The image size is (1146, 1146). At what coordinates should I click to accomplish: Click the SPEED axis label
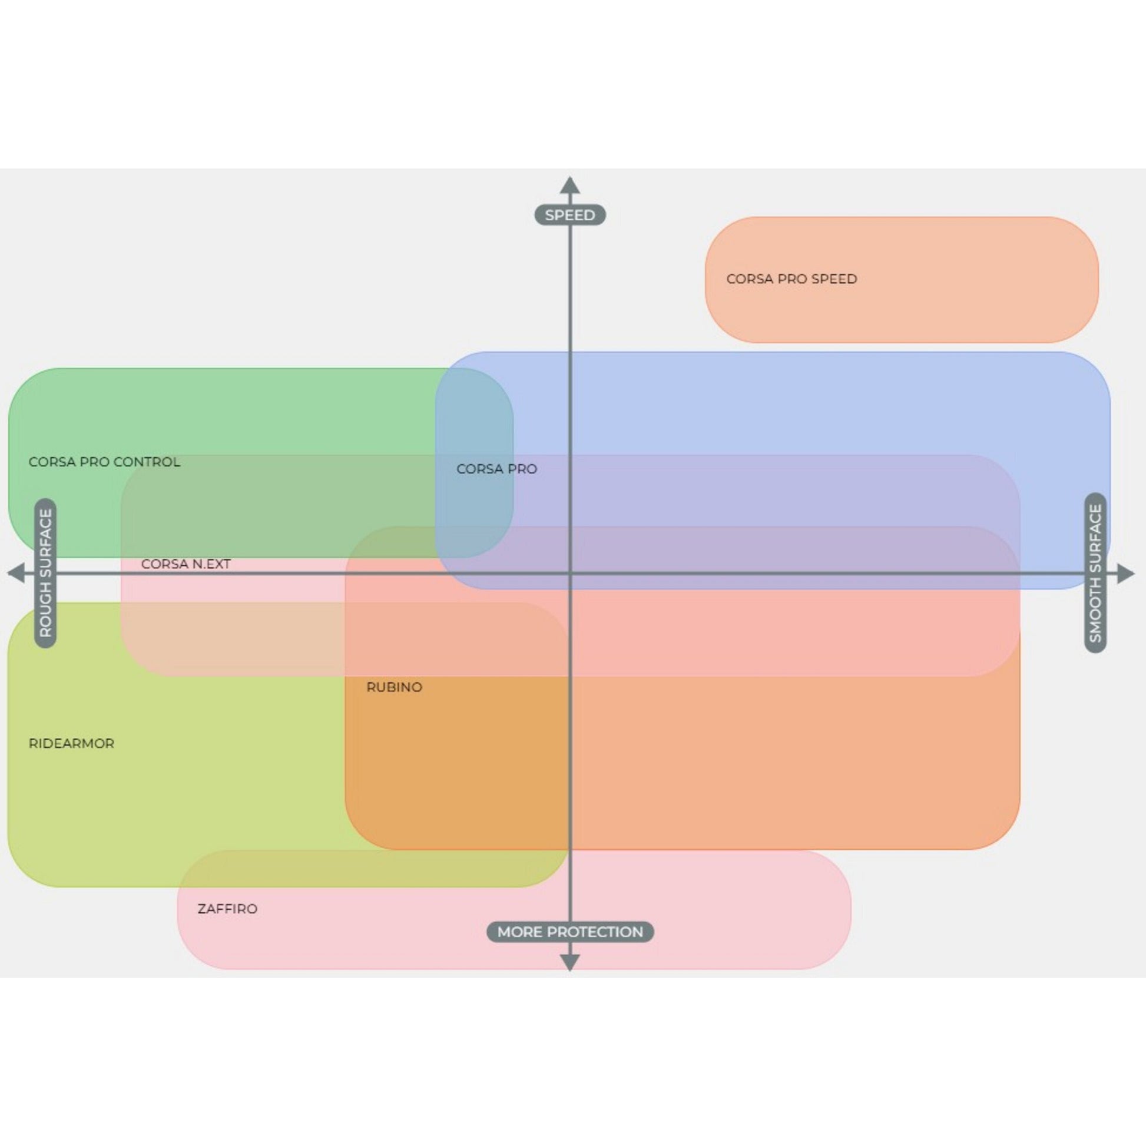pos(569,215)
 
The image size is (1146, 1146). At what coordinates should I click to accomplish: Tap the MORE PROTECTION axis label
pos(569,932)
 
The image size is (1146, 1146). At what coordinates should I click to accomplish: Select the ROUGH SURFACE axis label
pos(45,573)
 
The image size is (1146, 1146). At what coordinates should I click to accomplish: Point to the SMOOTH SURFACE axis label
pos(1095,573)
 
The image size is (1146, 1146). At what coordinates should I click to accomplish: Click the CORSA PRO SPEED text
pos(791,279)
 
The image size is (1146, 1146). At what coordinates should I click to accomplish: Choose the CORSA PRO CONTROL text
pos(104,462)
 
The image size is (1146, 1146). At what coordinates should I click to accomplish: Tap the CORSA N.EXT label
pos(186,564)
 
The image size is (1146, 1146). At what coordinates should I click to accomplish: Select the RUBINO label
pos(394,687)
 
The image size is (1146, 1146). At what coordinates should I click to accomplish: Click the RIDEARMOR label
pos(71,743)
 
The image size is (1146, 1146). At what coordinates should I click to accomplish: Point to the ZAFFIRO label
pos(227,909)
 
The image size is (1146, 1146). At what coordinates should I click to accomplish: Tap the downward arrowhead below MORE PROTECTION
pos(569,962)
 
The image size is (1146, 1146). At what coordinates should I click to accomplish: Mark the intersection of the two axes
pos(570,574)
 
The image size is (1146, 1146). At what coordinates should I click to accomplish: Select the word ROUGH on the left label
pos(45,615)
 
